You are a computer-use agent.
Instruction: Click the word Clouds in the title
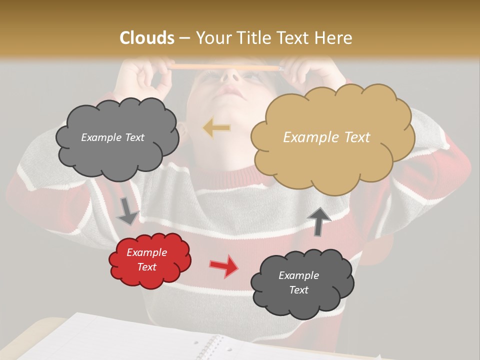tap(147, 38)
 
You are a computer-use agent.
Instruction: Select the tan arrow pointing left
tap(216, 128)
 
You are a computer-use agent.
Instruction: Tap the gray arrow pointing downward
tap(127, 210)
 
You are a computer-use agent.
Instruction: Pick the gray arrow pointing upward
tap(319, 220)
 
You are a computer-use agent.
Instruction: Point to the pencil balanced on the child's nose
tap(225, 66)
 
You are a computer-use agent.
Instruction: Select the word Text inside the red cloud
tap(147, 267)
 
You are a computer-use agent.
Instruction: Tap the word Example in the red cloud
tap(147, 252)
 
